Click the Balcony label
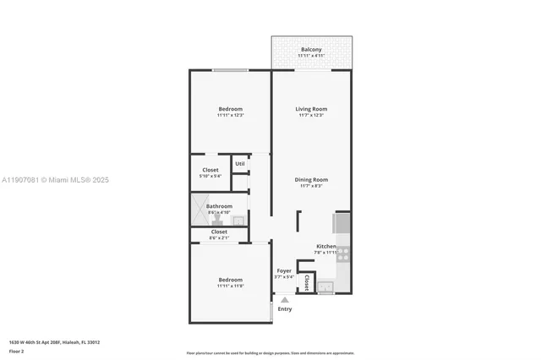coord(311,50)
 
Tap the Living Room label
coord(311,109)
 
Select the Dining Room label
coord(311,180)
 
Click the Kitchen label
coord(325,246)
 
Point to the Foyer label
coord(283,271)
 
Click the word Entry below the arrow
coord(285,309)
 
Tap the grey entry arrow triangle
coord(285,299)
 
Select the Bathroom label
coord(219,206)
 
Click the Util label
coord(240,164)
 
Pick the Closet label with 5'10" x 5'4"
coord(210,170)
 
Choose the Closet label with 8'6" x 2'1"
coord(219,232)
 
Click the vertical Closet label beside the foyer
coord(306,282)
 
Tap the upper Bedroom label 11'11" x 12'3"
coord(230,109)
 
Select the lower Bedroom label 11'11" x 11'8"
coord(230,280)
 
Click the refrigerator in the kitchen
coord(342,222)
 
